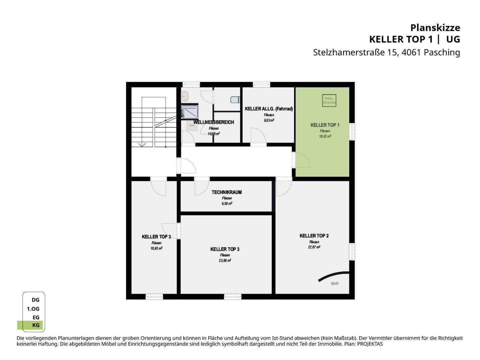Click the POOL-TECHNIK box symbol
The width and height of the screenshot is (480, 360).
point(329,100)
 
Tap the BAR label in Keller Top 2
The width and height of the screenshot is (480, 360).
point(335,283)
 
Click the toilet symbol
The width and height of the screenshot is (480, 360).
point(235,100)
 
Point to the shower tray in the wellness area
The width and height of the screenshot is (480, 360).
point(190,112)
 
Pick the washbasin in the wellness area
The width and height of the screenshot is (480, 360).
point(185,96)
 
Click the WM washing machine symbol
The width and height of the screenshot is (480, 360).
point(192,125)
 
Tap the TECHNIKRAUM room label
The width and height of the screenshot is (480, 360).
point(227,192)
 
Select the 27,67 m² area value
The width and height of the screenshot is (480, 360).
point(314,247)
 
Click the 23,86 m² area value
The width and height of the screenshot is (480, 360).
point(225,260)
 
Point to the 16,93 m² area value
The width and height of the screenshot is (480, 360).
point(156,248)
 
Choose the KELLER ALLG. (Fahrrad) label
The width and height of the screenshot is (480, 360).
point(269,109)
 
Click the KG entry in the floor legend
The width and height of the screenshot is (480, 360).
point(36,325)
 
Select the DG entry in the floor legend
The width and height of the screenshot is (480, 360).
point(35,300)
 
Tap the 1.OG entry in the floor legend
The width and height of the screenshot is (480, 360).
point(33,309)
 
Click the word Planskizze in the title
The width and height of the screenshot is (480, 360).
point(435,28)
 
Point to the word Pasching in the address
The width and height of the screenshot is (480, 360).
point(442,52)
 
